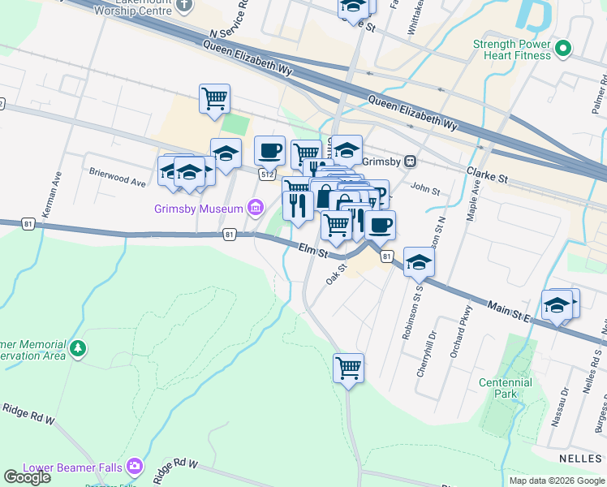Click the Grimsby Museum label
click(199, 209)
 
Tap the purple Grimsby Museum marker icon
click(256, 209)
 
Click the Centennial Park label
click(505, 388)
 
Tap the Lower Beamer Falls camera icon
click(135, 468)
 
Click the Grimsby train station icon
click(411, 161)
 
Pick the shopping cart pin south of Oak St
click(349, 368)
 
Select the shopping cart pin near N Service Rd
click(215, 99)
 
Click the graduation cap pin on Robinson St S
click(419, 262)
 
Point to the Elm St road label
click(312, 252)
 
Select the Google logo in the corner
click(27, 477)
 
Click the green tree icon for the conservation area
click(77, 349)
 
